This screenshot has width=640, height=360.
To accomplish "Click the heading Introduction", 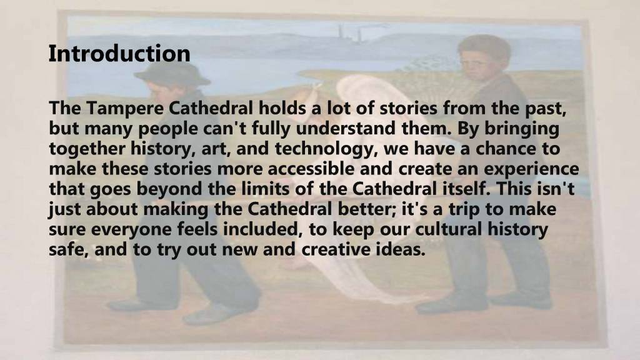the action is click(119, 54).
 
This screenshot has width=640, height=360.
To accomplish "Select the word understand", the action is click(346, 128).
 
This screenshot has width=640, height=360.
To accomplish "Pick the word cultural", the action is click(449, 229).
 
